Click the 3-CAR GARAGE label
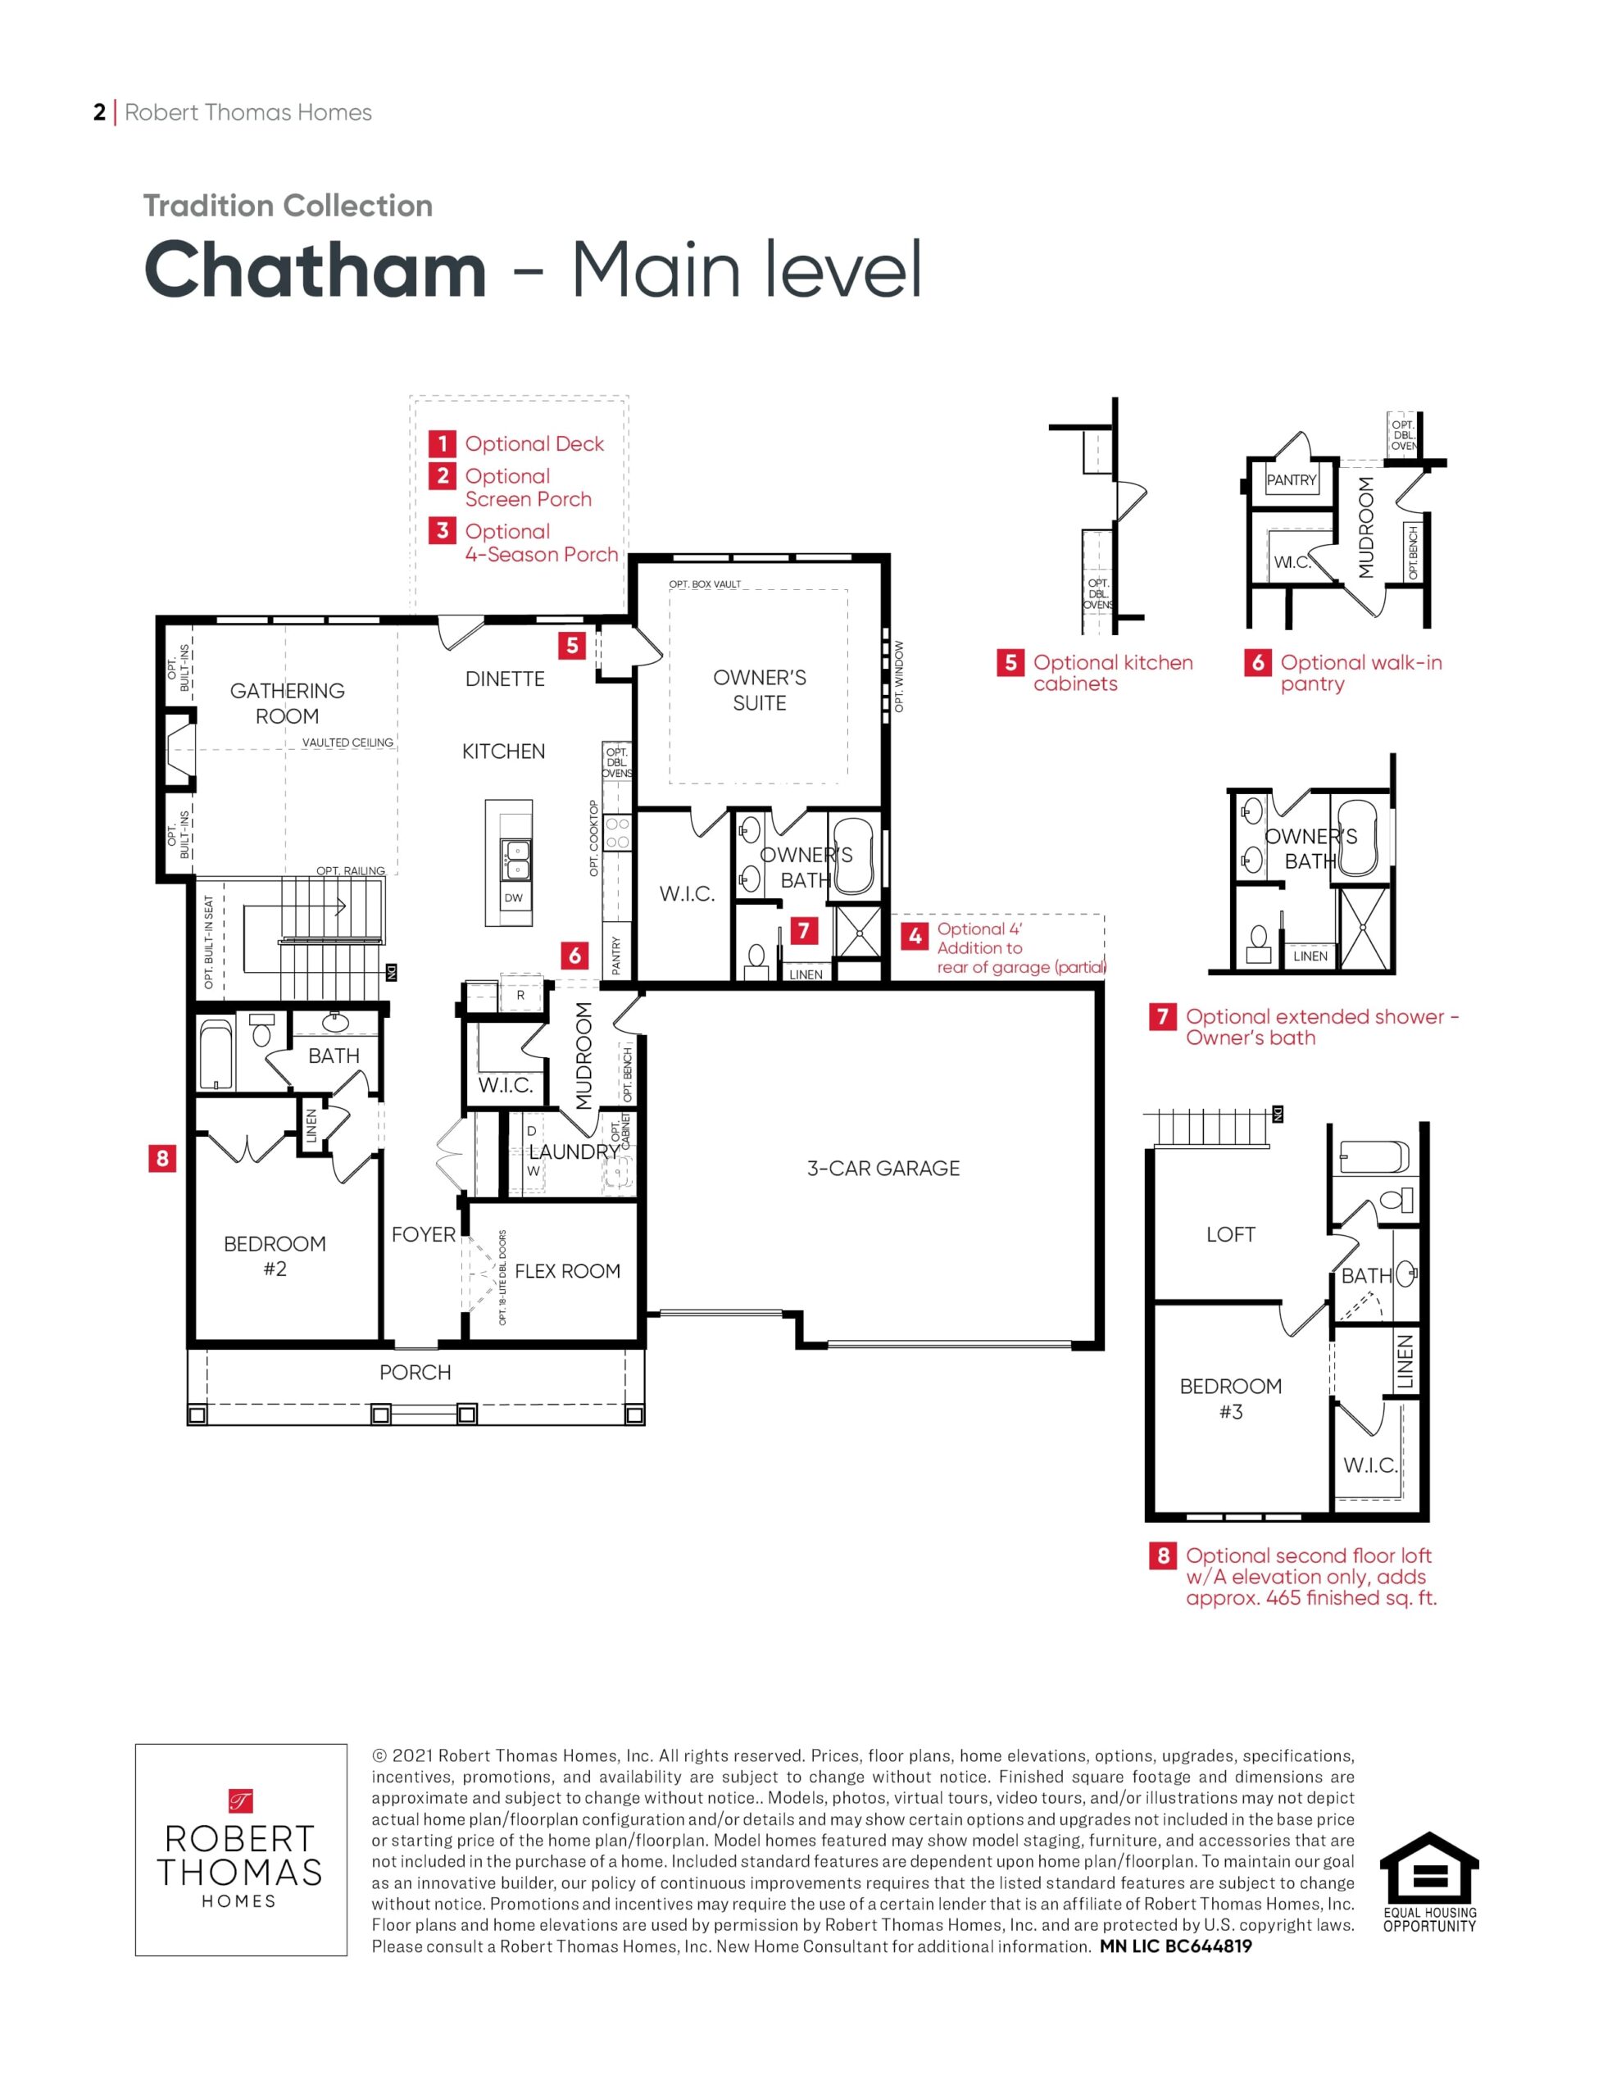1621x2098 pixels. [x=883, y=1168]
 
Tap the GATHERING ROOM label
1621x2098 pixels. [x=288, y=703]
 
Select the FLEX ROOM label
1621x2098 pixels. [x=567, y=1271]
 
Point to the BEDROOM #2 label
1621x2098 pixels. [x=275, y=1256]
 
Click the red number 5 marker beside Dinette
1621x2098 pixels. [x=573, y=646]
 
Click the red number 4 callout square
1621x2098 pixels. [x=915, y=936]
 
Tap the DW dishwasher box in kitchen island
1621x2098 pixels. [x=514, y=898]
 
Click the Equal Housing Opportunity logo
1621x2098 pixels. [x=1430, y=1882]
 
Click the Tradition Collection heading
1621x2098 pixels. [x=288, y=206]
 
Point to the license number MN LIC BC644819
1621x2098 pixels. [x=1176, y=1946]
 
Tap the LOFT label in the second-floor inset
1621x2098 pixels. [x=1231, y=1234]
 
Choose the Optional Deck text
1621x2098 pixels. [x=534, y=444]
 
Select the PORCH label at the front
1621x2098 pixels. [x=415, y=1373]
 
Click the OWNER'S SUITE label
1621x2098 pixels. [x=760, y=690]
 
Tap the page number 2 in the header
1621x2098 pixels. [x=99, y=112]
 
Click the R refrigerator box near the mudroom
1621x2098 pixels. [x=520, y=995]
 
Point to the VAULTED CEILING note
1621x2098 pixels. [x=347, y=742]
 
